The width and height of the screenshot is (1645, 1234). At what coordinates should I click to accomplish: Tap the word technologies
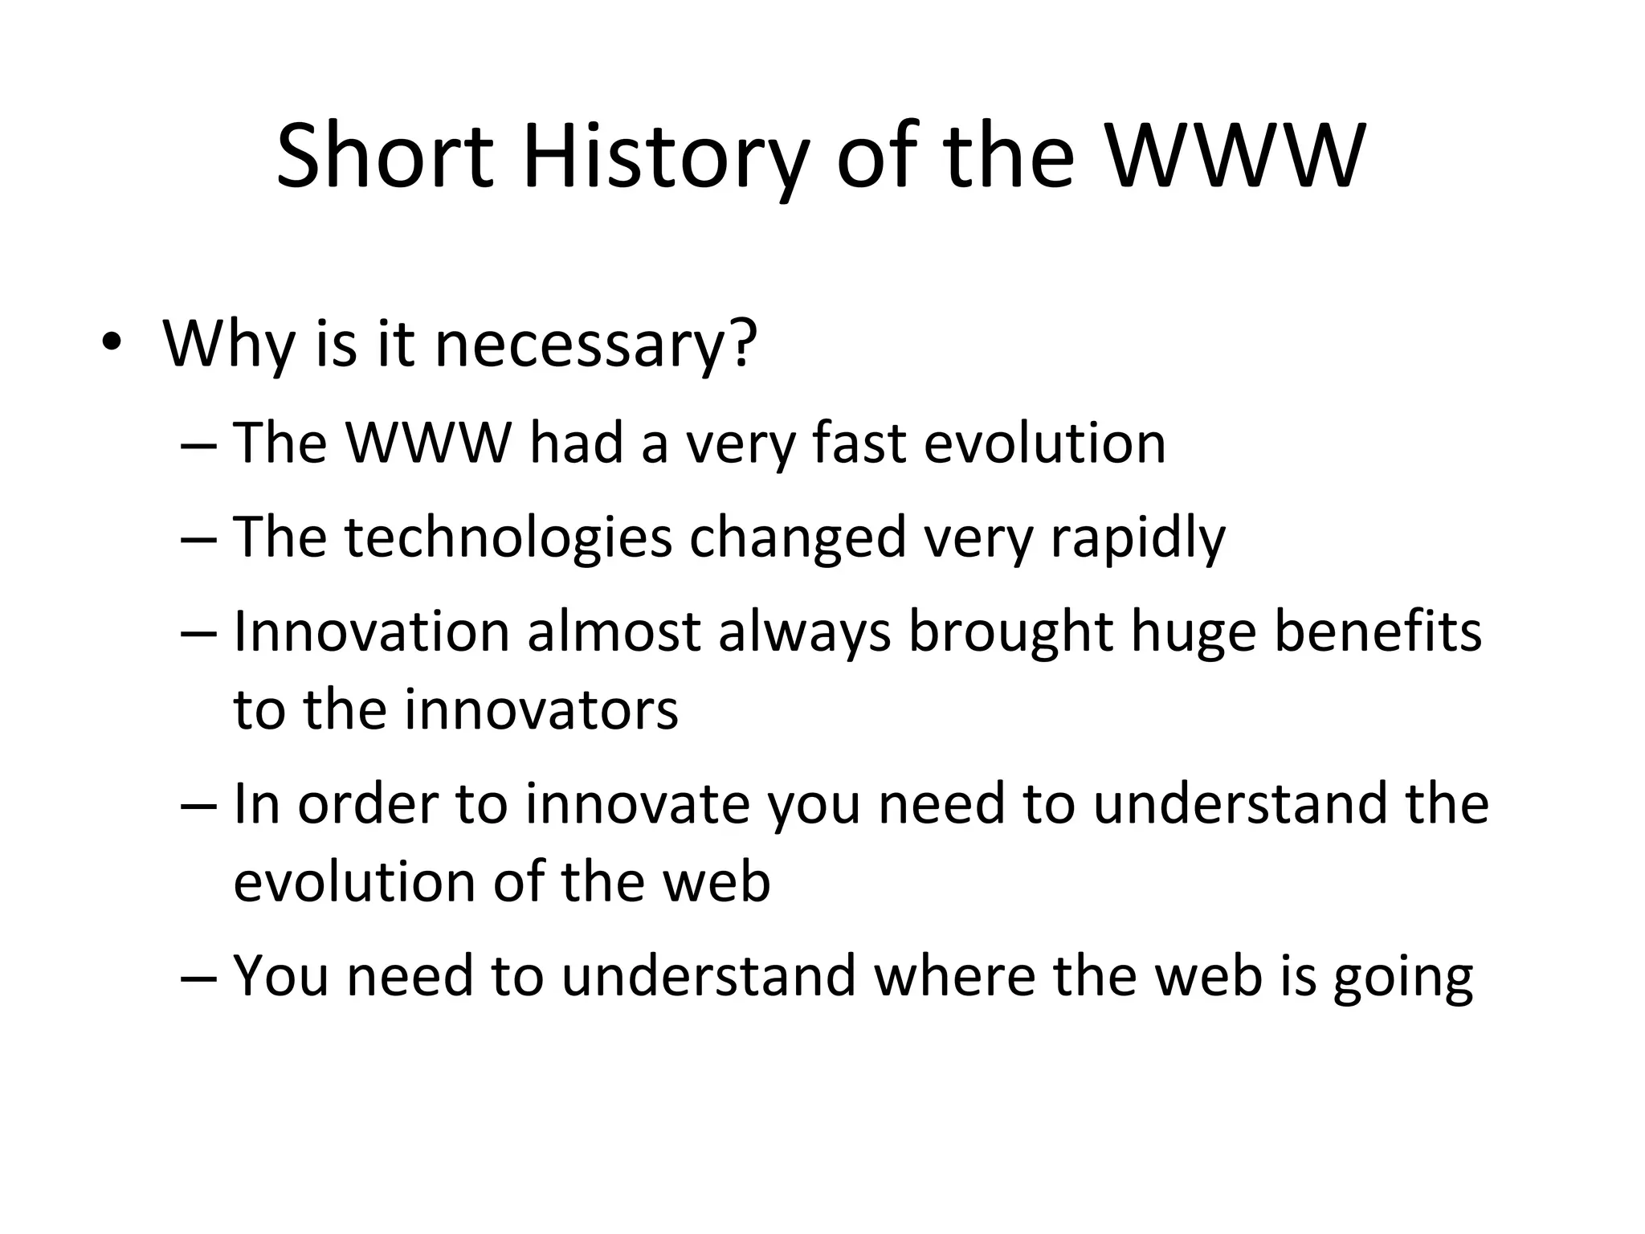coord(508,537)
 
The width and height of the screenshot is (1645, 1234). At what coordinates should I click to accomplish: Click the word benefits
coord(1378,631)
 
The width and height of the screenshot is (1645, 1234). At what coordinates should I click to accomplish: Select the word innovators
coord(541,709)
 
